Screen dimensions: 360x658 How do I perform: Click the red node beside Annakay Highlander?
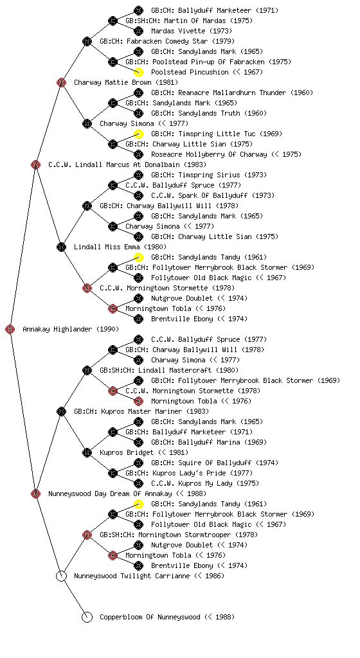point(10,329)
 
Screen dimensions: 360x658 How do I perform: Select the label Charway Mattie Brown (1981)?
point(126,82)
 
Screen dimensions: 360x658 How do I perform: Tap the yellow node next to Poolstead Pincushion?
point(138,72)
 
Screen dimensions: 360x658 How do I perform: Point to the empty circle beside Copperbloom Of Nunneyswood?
point(87,617)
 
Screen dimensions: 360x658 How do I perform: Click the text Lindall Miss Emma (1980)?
point(120,247)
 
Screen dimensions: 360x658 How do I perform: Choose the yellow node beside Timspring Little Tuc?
point(138,134)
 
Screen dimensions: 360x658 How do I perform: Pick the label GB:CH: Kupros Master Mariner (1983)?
point(141,411)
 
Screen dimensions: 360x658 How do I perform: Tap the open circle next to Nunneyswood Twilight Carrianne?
point(61,576)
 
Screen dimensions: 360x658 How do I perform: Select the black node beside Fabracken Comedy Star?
point(87,41)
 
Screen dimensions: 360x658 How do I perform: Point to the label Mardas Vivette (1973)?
point(192,31)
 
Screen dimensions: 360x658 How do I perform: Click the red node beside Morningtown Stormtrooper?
point(87,535)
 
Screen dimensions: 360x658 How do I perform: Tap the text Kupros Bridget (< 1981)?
point(144,452)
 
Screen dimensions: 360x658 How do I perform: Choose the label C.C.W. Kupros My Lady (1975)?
point(205,483)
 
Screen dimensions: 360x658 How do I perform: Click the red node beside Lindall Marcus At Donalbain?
point(35,164)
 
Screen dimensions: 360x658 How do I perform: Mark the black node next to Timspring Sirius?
point(138,175)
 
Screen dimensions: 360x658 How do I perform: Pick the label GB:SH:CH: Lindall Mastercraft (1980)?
point(169,370)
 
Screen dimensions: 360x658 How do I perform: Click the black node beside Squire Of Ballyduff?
point(138,463)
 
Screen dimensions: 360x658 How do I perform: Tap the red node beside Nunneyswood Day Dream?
point(35,493)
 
